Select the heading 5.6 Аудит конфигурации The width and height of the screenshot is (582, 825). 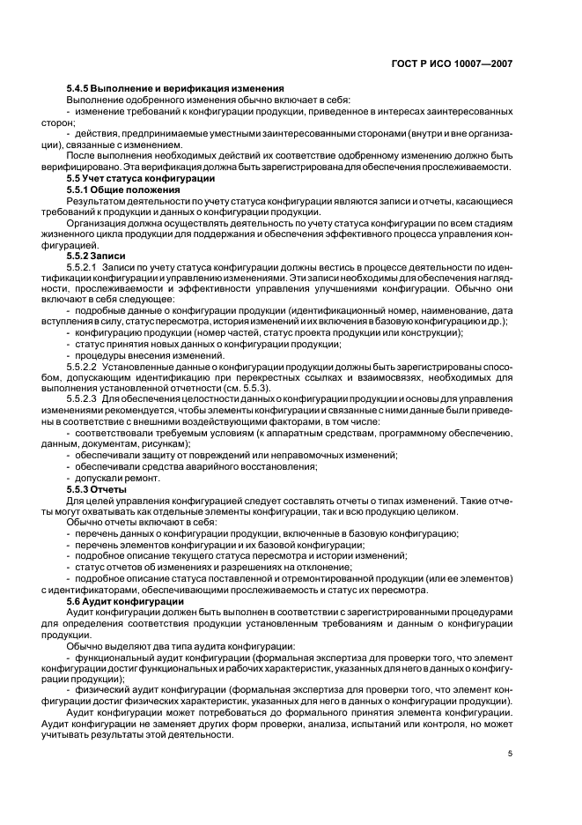point(125,600)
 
